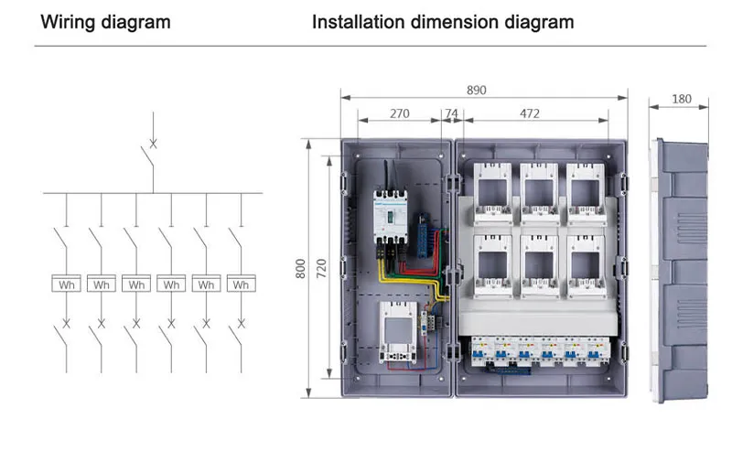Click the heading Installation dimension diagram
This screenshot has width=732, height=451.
coord(443,21)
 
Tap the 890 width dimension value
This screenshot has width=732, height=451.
coord(476,90)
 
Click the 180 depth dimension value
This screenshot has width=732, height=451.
coord(682,99)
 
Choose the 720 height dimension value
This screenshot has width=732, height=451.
coord(321,267)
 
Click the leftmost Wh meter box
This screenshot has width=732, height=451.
coord(66,285)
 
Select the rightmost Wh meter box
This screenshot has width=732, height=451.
coord(241,285)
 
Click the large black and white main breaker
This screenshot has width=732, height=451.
coord(389,215)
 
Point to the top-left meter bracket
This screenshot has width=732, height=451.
coord(494,193)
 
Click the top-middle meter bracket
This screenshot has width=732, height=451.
coord(540,193)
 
